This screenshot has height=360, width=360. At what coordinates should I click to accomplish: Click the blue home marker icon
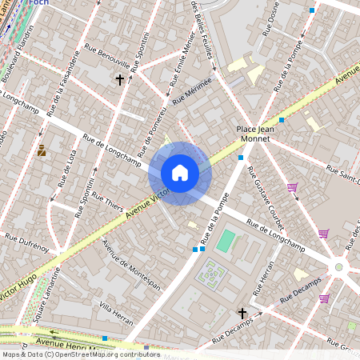(x=180, y=173)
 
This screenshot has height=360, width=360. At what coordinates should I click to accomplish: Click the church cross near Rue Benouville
(x=120, y=80)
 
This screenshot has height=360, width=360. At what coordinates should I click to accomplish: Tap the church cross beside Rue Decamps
(x=242, y=313)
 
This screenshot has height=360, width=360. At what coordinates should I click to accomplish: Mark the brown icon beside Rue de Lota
(x=42, y=150)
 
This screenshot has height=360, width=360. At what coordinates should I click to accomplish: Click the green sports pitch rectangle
(x=226, y=240)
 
